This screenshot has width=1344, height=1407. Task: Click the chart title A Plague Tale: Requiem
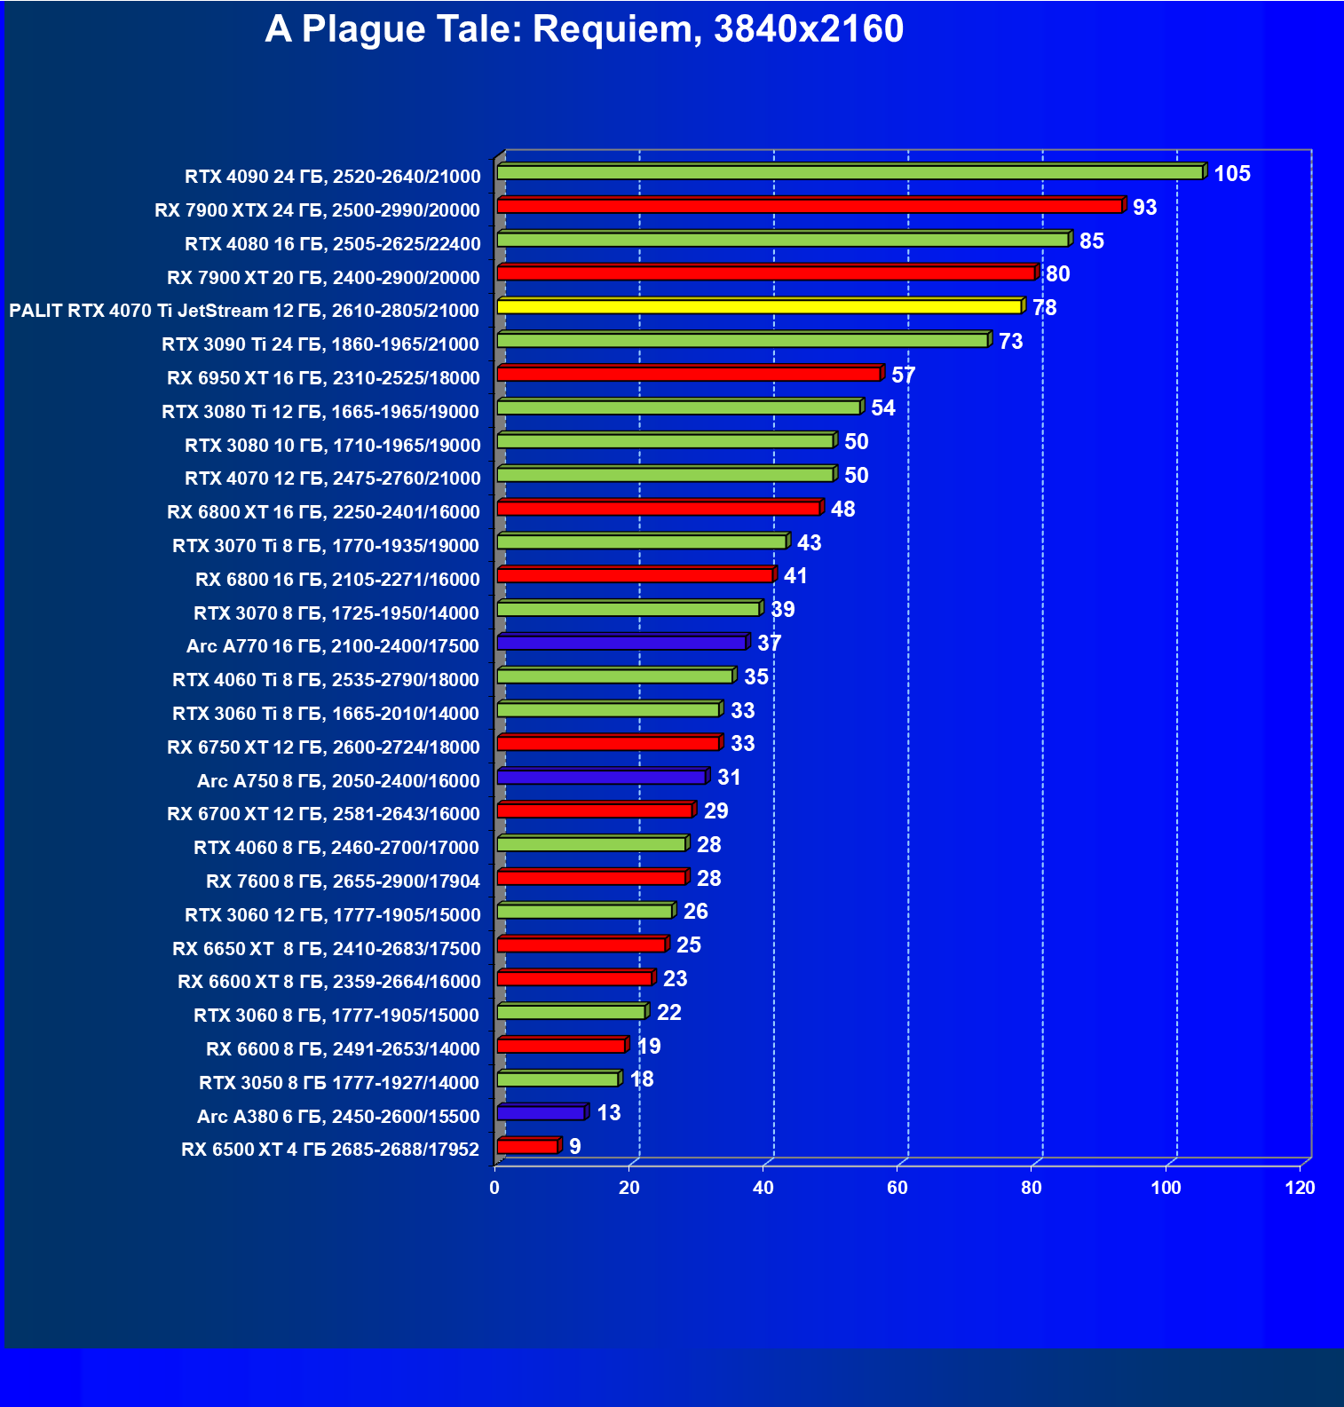coord(584,29)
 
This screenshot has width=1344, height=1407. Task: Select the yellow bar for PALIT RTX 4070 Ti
coord(759,306)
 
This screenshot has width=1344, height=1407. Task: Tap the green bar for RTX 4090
coord(850,172)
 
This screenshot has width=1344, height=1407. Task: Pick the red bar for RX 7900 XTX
coord(810,206)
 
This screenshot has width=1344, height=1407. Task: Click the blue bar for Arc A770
coord(621,642)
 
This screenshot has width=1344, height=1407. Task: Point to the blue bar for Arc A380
coord(541,1112)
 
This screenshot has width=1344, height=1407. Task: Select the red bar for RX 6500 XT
coord(527,1146)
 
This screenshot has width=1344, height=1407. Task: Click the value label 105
coord(1232,174)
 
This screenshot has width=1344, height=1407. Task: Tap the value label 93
coord(1144,208)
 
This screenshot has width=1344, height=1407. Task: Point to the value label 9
coord(575,1147)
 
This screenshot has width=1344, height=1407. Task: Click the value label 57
coord(903,375)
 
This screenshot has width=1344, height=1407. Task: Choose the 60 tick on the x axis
coord(897,1188)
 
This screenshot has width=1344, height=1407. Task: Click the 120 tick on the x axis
coord(1300,1188)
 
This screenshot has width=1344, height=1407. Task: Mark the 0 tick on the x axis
coord(494,1188)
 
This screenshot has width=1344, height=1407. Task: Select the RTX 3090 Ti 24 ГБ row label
coord(320,344)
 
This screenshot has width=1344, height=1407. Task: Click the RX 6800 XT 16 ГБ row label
coord(323,512)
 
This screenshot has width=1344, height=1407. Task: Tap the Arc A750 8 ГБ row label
coord(338,781)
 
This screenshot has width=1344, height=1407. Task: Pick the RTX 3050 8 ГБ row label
coord(339,1083)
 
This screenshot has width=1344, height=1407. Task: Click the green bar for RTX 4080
coord(783,240)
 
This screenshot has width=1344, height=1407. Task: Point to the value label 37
coord(769,644)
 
